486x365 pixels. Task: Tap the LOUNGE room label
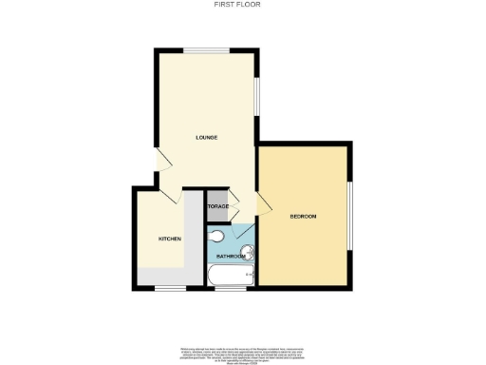[x=207, y=138]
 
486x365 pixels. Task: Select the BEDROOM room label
[x=304, y=218]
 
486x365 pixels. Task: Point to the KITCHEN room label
[x=169, y=239]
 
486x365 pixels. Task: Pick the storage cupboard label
[x=219, y=207]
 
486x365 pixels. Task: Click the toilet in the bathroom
[x=216, y=236]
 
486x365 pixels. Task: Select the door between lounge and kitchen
[x=175, y=193]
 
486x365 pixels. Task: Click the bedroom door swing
[x=265, y=202]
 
